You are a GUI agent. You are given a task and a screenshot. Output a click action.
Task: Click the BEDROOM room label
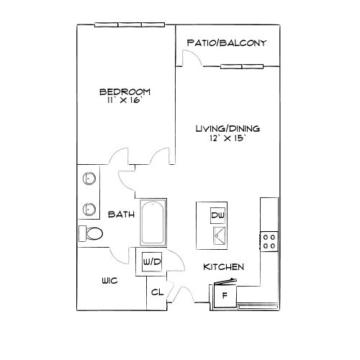point(125,91)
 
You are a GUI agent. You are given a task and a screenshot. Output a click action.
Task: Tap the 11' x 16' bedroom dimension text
point(125,100)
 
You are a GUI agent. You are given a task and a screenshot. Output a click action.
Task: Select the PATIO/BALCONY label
point(227,43)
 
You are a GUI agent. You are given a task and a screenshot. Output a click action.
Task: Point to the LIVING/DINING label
point(228,129)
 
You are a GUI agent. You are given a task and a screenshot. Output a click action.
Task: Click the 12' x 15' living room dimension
point(228,138)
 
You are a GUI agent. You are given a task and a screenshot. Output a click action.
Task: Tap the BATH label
point(121,215)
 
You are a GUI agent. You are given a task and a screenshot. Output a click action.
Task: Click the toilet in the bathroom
point(91,233)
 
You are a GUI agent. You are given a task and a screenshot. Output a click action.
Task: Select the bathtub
point(153,222)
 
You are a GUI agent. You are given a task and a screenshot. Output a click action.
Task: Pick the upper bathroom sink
point(89,179)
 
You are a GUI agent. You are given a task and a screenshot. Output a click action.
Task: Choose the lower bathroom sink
point(89,209)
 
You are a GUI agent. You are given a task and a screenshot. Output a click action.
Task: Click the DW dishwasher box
point(217,215)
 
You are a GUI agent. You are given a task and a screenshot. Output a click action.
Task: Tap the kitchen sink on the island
point(219,236)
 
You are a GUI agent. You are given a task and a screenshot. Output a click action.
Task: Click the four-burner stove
point(269,242)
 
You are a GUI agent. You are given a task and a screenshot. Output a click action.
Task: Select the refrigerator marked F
point(225,295)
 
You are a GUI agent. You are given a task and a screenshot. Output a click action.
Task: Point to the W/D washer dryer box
point(151,262)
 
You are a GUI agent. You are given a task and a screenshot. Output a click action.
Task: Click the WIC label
point(109,281)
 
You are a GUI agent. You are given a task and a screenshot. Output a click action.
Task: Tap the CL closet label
point(157,292)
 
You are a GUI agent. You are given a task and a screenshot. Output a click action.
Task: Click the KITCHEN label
point(223,267)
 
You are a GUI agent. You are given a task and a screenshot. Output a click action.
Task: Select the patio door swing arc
point(194,55)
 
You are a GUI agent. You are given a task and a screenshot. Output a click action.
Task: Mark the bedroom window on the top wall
point(130,24)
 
